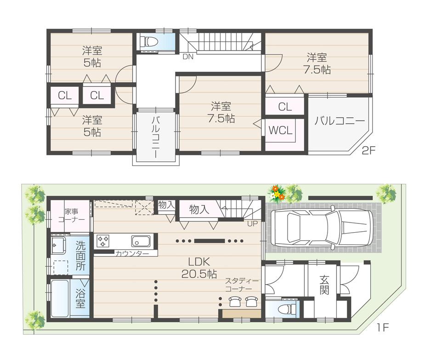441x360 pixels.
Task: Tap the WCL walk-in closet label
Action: click(x=280, y=130)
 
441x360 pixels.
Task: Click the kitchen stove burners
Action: click(x=103, y=240)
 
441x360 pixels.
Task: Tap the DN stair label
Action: click(x=188, y=57)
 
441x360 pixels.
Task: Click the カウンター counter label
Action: click(x=132, y=253)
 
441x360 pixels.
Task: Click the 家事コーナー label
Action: click(x=71, y=215)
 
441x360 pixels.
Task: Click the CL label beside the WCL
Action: click(x=285, y=107)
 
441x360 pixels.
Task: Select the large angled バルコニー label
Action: click(x=339, y=121)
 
